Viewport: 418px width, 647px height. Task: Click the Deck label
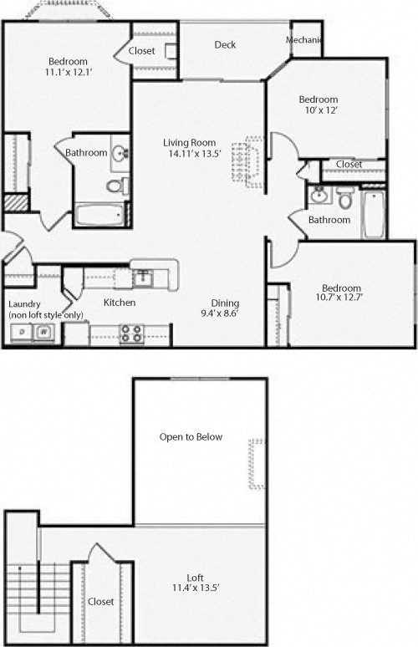[225, 45]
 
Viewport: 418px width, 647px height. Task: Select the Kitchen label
[120, 303]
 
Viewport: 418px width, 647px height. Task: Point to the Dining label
[225, 303]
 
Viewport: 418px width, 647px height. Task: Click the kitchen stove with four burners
[130, 334]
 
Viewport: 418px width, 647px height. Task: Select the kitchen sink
[143, 275]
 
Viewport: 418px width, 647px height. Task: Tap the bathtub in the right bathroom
[373, 215]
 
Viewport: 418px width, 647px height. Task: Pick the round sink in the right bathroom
[319, 196]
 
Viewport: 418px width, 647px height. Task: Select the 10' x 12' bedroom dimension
[318, 110]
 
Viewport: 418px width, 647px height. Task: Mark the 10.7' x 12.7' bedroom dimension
[343, 296]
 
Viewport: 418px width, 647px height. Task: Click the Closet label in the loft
[101, 602]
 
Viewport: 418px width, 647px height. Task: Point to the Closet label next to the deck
[142, 52]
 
